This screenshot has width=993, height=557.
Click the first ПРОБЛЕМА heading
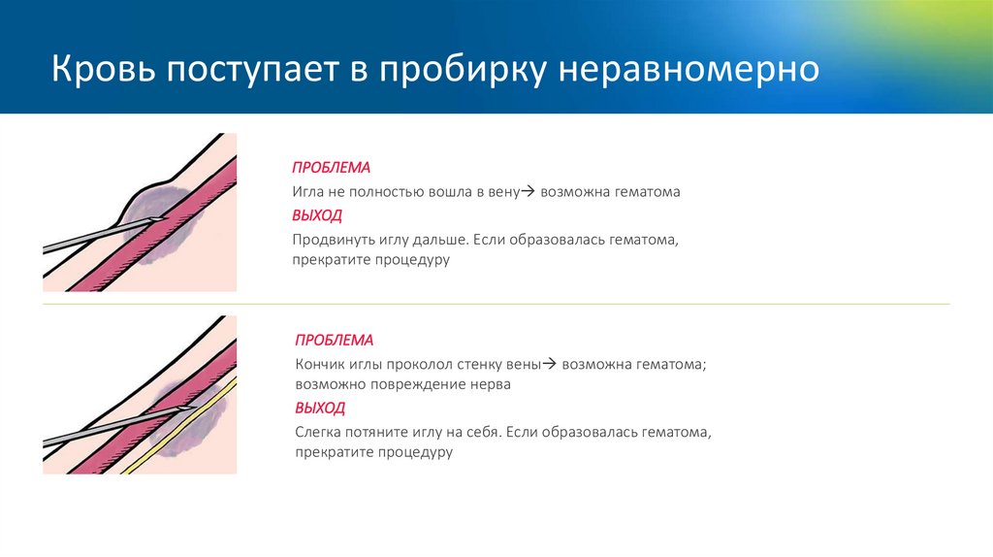click(x=331, y=167)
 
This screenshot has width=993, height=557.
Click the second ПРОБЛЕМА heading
click(x=334, y=341)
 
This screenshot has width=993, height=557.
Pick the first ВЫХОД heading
click(x=317, y=215)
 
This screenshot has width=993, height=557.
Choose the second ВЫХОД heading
click(x=320, y=408)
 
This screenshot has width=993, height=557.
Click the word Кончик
click(x=322, y=365)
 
